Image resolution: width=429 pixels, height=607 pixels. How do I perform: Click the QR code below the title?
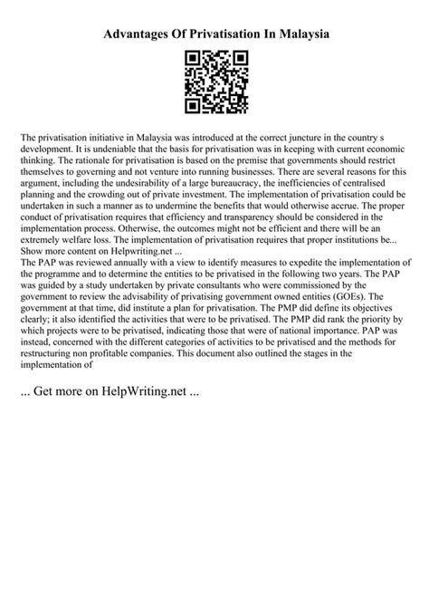point(214,84)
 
